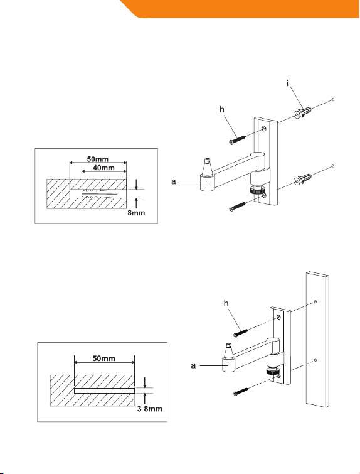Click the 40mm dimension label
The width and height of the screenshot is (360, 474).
pos(103,168)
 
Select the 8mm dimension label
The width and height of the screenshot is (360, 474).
pos(136,213)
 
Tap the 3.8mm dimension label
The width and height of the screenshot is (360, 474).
pos(149,409)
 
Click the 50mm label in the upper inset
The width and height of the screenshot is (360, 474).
pos(98,159)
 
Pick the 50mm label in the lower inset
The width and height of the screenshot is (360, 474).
pos(103,358)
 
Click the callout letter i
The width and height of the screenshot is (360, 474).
pos(288,83)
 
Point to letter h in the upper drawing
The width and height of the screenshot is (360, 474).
pos(222,109)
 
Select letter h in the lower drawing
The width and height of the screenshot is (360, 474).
pos(226,303)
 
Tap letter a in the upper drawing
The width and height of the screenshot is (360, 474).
pos(173,181)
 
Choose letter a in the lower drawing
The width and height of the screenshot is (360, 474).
pos(193,366)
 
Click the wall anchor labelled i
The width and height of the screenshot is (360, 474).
pos(302,112)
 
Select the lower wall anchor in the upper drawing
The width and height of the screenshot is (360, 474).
pos(302,180)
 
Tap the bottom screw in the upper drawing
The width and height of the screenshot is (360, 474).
pos(237,207)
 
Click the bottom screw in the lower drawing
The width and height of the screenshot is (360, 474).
pos(241,392)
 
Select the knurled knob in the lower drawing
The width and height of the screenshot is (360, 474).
pos(272,372)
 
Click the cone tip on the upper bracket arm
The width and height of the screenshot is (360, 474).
pos(207,166)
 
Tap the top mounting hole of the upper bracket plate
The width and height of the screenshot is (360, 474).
pos(264,129)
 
